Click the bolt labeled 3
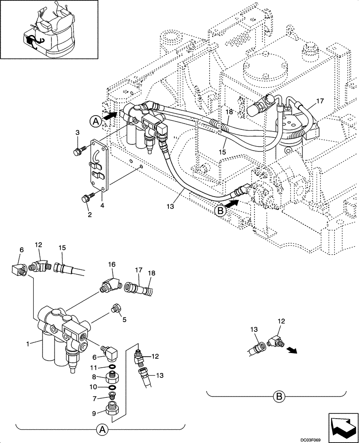[x=77, y=151]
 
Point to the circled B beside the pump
[x=220, y=211]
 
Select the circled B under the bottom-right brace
[x=278, y=396]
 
